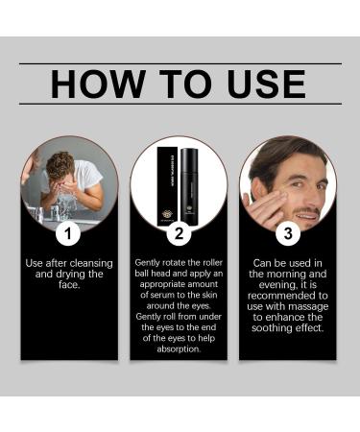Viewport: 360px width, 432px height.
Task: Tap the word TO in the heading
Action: pos(186,84)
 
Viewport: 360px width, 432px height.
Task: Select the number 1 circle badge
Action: pos(68,233)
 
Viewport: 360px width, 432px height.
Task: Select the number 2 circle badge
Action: pos(179,233)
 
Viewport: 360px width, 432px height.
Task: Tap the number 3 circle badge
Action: pos(288,233)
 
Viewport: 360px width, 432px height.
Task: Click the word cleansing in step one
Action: pos(91,263)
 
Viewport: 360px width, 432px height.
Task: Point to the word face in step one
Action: pos(68,285)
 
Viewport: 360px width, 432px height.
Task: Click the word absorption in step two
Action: pos(179,349)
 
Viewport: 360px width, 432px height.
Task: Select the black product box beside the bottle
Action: pos(167,186)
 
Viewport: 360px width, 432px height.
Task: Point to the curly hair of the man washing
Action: pos(60,164)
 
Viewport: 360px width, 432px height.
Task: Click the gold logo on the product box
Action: pos(167,214)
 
